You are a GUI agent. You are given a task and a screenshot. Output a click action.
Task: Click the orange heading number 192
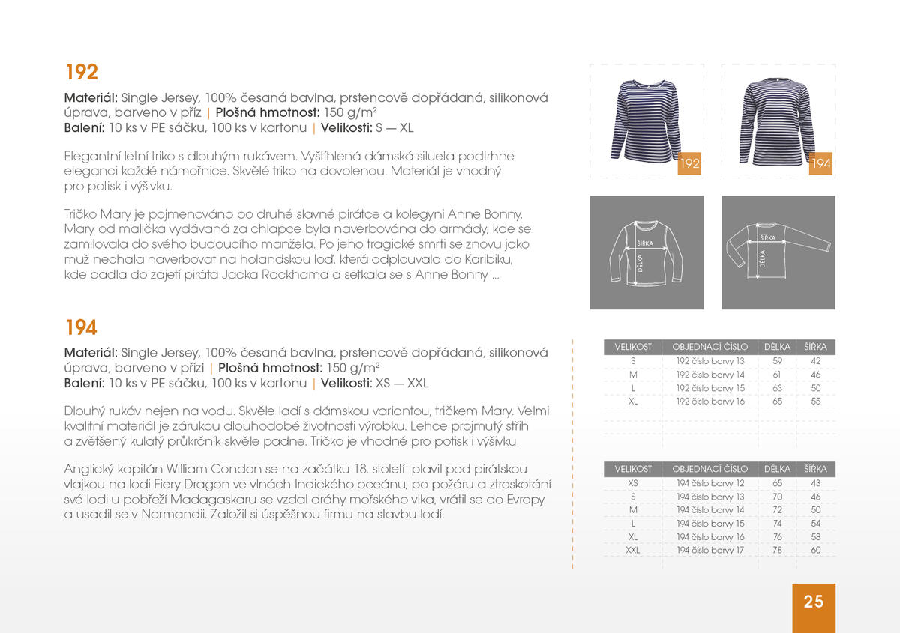point(82,73)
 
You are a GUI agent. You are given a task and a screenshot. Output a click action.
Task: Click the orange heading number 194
point(82,328)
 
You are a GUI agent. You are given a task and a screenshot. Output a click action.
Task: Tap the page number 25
point(814,602)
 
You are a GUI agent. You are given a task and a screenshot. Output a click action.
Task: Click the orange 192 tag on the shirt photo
point(688,163)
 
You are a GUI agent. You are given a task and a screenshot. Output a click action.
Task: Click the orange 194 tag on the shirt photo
point(821,163)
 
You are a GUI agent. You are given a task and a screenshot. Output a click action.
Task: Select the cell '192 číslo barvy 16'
point(710,402)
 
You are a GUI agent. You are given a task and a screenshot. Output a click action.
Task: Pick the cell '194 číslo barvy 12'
point(710,483)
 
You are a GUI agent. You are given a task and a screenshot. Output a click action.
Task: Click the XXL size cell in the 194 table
point(633,551)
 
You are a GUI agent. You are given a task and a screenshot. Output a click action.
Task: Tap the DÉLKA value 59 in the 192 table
point(777,361)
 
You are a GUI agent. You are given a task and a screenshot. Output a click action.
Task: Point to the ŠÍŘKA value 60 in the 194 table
point(815,551)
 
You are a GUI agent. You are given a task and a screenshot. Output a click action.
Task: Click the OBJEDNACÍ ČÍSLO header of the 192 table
point(710,347)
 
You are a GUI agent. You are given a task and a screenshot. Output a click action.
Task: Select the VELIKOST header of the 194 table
point(633,469)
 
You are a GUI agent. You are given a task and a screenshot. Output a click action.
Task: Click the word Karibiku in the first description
point(487,260)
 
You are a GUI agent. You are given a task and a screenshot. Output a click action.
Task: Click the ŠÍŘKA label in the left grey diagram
point(645,243)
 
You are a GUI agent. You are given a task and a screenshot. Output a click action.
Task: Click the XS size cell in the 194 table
point(633,483)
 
